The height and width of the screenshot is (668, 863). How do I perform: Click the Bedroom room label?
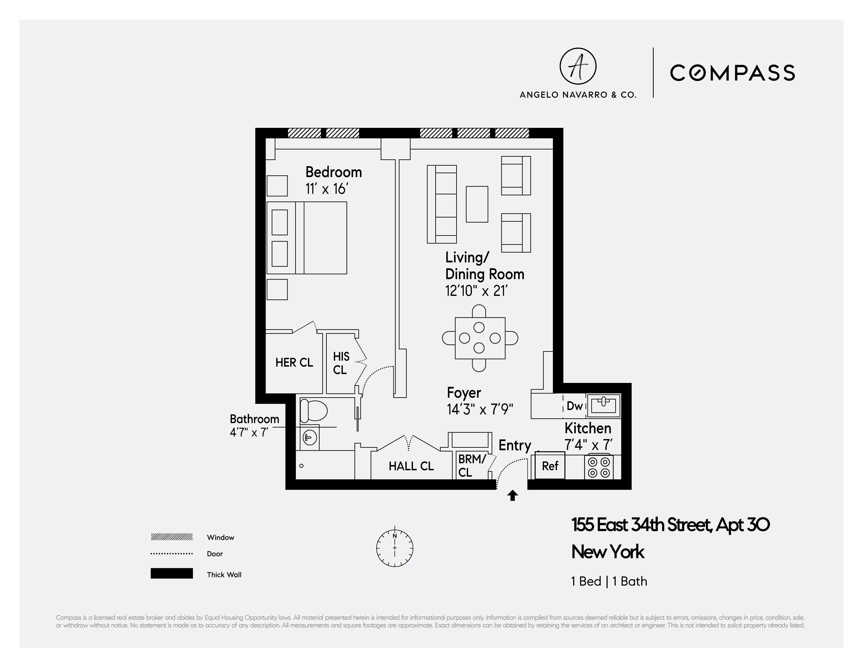[x=333, y=172]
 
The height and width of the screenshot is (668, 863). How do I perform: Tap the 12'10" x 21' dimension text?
[x=476, y=291]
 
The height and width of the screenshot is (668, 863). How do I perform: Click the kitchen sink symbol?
[x=603, y=405]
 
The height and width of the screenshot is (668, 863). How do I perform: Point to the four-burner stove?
[x=599, y=467]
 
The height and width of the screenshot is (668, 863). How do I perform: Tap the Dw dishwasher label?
[x=574, y=406]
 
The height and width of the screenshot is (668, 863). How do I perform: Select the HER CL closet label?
[x=294, y=362]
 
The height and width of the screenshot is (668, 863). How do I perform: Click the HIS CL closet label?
[x=341, y=363]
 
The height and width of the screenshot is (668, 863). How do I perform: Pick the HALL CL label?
[x=411, y=466]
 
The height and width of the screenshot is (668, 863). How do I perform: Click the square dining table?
[x=480, y=338]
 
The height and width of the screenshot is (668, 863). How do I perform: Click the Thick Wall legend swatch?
[x=172, y=573]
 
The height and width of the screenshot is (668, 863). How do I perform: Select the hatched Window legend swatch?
[x=172, y=537]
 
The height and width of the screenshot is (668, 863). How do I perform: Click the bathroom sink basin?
[x=309, y=437]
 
